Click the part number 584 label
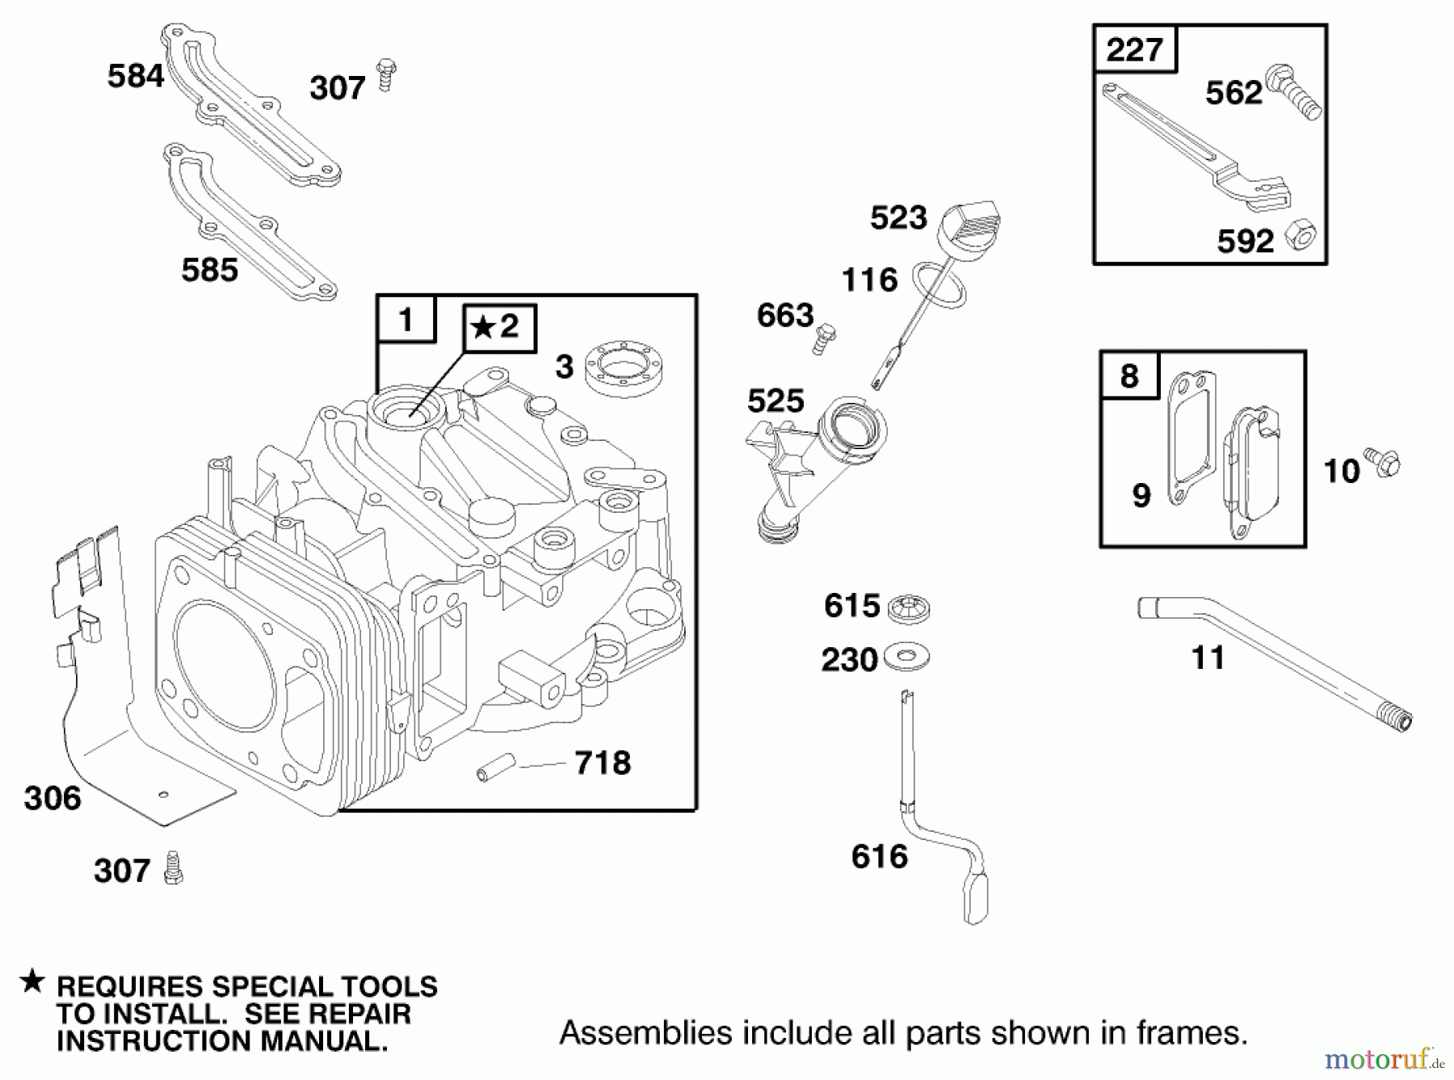coord(135,76)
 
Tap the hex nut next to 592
coord(1301,233)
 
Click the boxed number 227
coord(1134,50)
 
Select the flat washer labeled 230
coord(906,657)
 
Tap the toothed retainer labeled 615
coord(908,607)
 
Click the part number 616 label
coord(880,856)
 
